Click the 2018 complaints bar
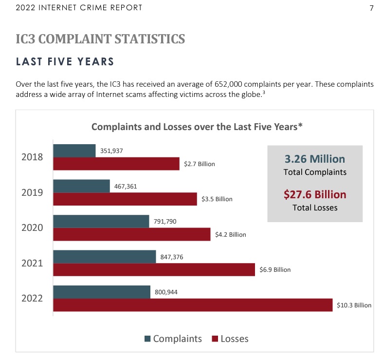[74, 151]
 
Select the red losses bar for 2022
[193, 305]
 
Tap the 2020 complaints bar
[101, 222]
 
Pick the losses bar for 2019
[125, 199]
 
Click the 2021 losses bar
[154, 270]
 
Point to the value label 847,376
[172, 257]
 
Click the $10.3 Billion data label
[354, 305]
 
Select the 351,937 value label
[111, 151]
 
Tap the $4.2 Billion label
[231, 235]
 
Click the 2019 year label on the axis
[32, 192]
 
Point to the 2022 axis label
[32, 298]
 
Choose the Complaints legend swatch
[147, 339]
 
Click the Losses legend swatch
[215, 339]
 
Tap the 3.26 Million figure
[314, 159]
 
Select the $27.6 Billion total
[315, 195]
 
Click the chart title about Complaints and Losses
[197, 127]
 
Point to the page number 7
[371, 8]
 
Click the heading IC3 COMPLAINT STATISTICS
[100, 39]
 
